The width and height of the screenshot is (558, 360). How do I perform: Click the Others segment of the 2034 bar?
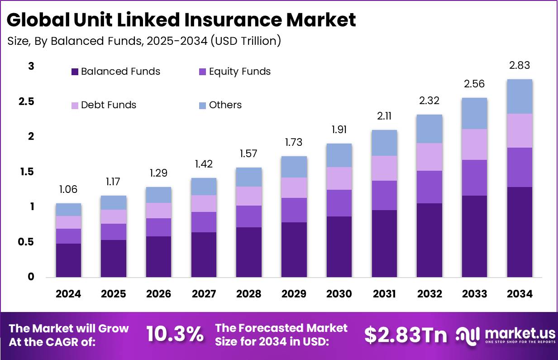coord(519,96)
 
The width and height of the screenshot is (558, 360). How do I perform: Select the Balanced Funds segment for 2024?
coord(68,260)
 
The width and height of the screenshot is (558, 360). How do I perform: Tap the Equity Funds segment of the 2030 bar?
coord(339,203)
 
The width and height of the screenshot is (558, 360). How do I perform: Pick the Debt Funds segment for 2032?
coord(429,157)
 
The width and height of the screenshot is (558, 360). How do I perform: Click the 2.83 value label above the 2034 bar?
coord(519,66)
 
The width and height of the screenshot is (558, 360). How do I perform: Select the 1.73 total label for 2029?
coord(294,143)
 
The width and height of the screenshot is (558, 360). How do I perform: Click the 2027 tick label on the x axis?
coord(204,294)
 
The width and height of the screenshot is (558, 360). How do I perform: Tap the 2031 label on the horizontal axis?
coord(384,294)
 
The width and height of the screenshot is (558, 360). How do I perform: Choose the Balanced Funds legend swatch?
coord(75,72)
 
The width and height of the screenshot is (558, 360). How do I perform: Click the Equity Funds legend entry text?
coord(239,72)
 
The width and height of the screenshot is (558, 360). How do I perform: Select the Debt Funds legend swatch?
coord(75,105)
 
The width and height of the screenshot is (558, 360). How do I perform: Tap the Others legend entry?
coord(225,105)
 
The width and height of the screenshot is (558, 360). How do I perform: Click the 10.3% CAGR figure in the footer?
coord(175,334)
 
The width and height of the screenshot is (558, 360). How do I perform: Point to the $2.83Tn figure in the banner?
coord(405,334)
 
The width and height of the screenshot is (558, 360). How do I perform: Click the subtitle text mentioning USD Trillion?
coord(144,41)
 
